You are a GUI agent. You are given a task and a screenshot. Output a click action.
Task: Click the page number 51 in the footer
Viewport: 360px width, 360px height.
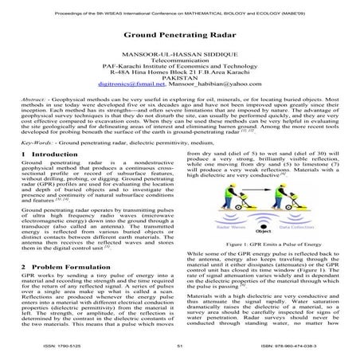click(180, 347)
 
